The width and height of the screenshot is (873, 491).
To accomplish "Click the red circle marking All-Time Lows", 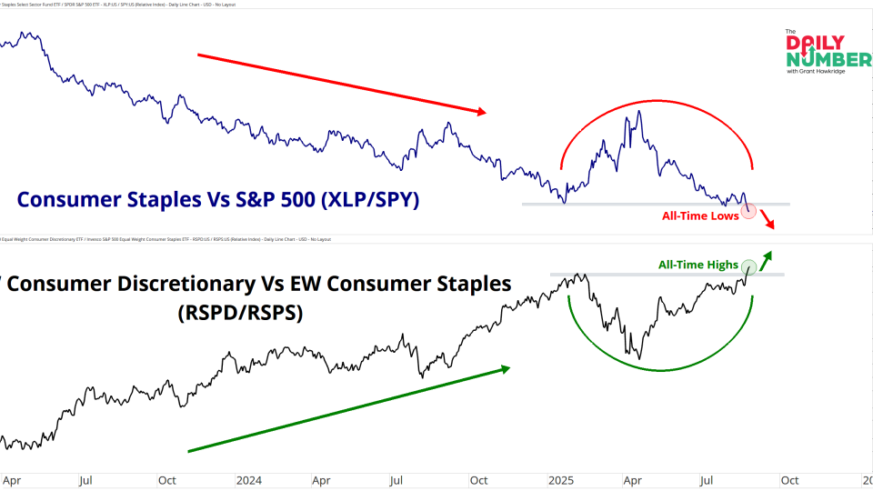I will coord(749,211).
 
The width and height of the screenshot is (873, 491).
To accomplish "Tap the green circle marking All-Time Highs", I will coord(749,267).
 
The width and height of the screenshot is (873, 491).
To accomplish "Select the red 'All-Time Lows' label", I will coord(699,215).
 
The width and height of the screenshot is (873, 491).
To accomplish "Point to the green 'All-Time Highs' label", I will coord(698,265).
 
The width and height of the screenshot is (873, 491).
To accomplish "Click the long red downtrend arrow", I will coord(342,84).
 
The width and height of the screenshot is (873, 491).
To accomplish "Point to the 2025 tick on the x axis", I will coord(558,480).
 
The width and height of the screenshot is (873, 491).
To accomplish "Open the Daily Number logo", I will coord(828,52).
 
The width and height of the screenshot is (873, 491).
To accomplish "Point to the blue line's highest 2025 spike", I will coord(639,112).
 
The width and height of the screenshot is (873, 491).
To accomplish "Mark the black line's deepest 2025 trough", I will coord(639,358).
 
